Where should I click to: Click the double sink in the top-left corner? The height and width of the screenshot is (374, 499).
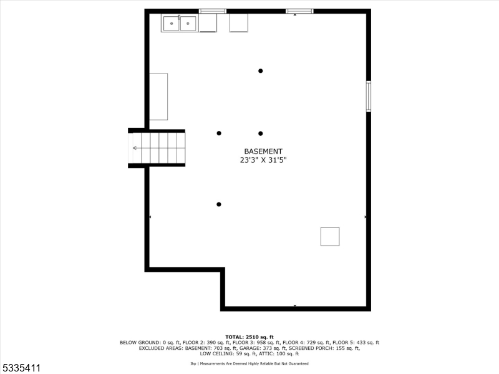tap(180, 24)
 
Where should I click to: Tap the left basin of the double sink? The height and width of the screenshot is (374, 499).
tap(172, 24)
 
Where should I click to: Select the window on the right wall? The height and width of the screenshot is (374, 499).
tap(368, 96)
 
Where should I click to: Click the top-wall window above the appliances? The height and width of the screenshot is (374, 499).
tap(213, 11)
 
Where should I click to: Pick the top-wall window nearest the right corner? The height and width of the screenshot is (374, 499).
tap(299, 11)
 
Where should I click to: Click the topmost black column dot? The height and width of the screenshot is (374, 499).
tap(261, 71)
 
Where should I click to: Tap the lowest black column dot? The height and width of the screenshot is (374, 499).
tap(219, 204)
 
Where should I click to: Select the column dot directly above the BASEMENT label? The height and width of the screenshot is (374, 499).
tap(261, 133)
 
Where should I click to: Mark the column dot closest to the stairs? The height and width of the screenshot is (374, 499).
tap(219, 133)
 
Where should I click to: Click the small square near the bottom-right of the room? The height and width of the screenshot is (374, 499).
tap(330, 237)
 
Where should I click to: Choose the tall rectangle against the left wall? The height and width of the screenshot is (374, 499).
tap(158, 97)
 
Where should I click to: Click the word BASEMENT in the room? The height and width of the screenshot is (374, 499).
tap(263, 151)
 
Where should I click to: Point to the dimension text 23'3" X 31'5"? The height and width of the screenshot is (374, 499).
tap(263, 160)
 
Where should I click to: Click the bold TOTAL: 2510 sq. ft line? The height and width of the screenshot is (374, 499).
tap(249, 337)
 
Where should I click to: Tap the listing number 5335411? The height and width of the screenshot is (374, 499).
tap(21, 368)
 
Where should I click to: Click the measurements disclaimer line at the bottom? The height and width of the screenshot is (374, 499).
tap(249, 363)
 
